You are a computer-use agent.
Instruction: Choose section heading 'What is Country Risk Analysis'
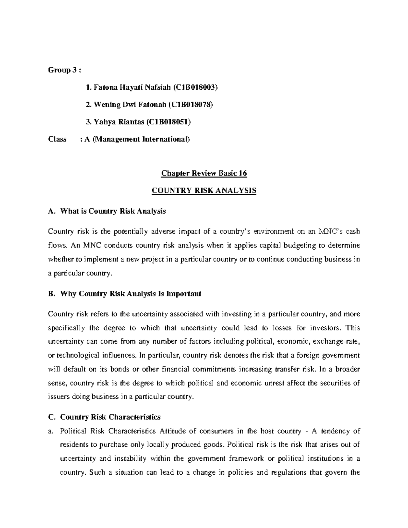(x=113, y=211)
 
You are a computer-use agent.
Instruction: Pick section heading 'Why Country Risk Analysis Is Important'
(x=131, y=294)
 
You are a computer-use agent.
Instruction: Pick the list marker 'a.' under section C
(x=51, y=431)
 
